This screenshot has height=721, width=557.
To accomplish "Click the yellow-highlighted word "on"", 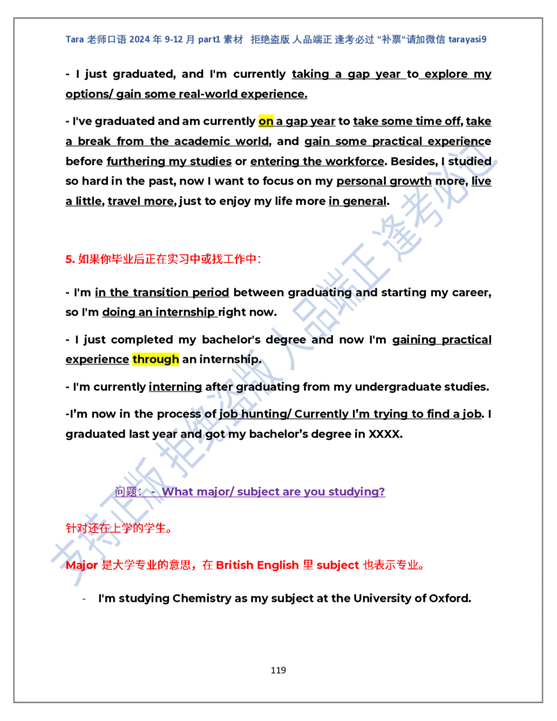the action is coord(266,121).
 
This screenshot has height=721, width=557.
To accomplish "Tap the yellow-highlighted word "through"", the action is coord(155,359).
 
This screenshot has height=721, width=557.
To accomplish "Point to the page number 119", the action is coord(278,670).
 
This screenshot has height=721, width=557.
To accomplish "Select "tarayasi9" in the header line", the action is coord(467,40).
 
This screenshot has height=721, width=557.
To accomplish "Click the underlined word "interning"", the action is coord(175,387).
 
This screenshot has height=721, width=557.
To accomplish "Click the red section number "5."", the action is coord(70,259).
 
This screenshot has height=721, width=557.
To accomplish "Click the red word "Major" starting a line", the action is coord(81,566).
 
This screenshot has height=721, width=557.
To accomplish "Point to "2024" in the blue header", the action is coord(139,40).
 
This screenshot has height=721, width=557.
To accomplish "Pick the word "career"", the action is coord(471,293).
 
